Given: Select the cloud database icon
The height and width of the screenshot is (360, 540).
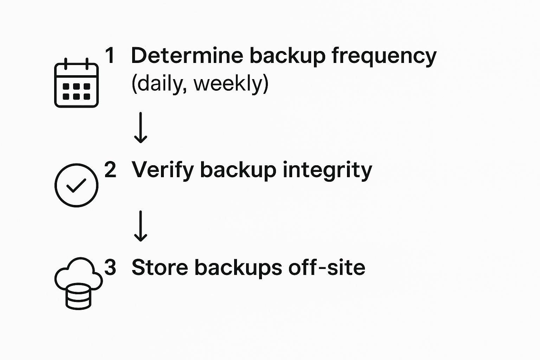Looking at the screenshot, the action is (79, 284).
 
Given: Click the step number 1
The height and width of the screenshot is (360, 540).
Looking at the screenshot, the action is (110, 55).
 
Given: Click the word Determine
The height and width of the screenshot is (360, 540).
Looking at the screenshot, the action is (187, 55).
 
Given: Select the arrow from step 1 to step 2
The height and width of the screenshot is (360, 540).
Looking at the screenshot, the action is (141, 128).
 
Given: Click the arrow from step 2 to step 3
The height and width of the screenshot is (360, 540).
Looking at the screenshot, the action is (141, 226).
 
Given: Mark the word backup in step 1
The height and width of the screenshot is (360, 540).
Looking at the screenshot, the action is (288, 57).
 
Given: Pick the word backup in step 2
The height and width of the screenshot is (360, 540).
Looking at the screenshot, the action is (238, 171).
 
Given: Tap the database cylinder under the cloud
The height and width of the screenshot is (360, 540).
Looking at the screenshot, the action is (79, 296).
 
